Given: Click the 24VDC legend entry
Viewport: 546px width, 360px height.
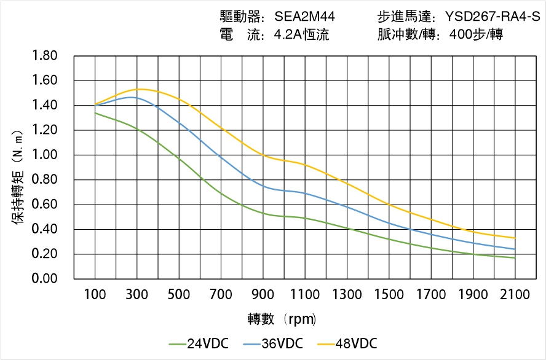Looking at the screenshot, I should tap(199, 343).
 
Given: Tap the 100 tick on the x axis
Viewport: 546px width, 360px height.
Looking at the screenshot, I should tap(95, 295).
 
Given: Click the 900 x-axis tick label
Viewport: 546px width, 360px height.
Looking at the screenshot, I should tap(263, 295).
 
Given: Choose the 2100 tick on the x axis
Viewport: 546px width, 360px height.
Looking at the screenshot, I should tap(515, 295).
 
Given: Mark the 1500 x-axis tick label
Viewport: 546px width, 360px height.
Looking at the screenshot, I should tap(389, 295).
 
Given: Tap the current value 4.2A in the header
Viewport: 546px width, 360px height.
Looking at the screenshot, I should tap(286, 35).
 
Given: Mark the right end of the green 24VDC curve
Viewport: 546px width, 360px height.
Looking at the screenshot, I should tap(515, 258).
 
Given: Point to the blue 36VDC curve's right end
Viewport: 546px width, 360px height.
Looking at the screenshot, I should tap(515, 249).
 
